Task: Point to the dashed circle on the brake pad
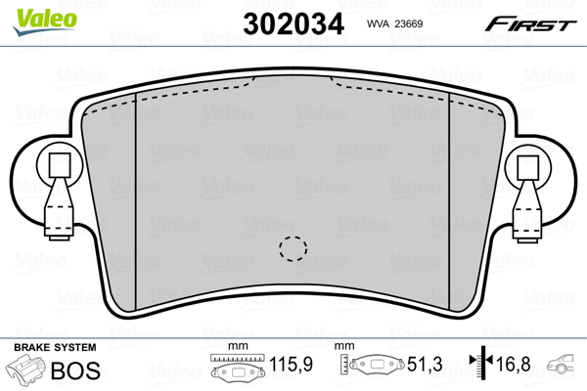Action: click(291, 249)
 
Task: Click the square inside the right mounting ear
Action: click(527, 165)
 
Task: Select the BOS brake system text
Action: click(72, 370)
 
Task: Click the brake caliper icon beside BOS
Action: click(26, 372)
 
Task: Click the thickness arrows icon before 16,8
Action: click(480, 367)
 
